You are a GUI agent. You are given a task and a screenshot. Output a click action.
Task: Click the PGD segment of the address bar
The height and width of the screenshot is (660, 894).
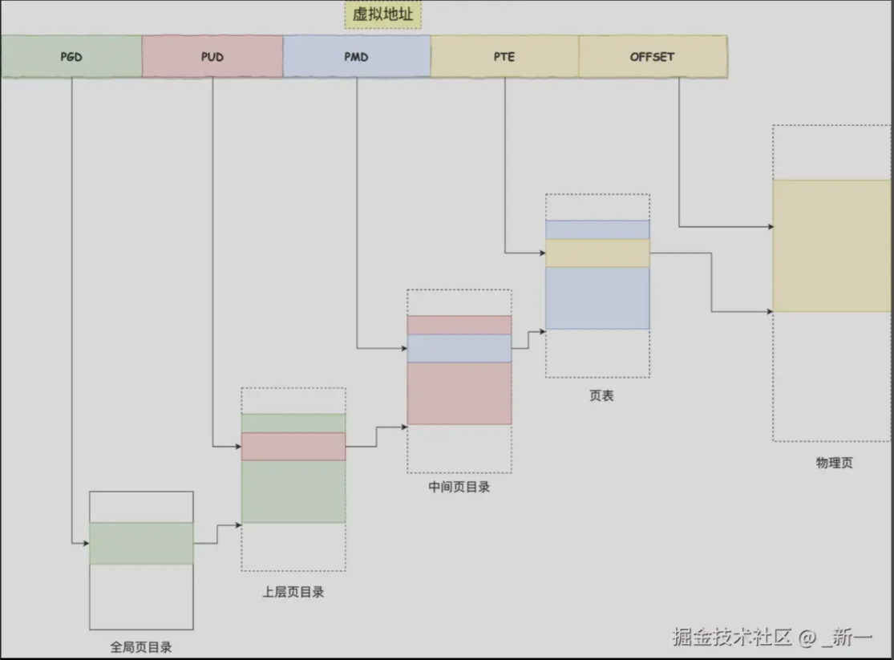(x=71, y=57)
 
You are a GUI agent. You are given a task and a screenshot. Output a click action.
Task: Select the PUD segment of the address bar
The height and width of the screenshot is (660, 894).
(x=212, y=57)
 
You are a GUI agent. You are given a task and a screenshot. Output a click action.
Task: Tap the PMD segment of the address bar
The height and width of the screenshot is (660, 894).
(x=357, y=57)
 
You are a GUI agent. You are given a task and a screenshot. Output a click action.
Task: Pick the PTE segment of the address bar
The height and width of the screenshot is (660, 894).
(x=504, y=57)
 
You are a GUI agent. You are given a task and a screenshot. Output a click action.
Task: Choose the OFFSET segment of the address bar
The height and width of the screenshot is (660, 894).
(x=653, y=57)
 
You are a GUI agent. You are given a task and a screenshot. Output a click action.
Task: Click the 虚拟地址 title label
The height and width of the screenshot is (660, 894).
(x=383, y=14)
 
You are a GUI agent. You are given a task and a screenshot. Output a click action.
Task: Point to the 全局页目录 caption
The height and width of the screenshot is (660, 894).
(x=141, y=646)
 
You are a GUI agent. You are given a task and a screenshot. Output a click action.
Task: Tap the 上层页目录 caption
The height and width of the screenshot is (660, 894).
(x=293, y=593)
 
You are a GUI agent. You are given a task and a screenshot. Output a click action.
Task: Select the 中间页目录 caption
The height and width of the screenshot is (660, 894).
(x=459, y=487)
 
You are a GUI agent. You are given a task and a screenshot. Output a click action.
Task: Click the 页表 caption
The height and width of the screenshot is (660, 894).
(x=601, y=395)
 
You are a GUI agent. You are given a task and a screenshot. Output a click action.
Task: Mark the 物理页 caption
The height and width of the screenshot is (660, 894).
(x=834, y=463)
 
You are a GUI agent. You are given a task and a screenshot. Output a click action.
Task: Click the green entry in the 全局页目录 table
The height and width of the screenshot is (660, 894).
(x=141, y=543)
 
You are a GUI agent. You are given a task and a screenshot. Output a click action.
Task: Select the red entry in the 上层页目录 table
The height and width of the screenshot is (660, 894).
(x=293, y=447)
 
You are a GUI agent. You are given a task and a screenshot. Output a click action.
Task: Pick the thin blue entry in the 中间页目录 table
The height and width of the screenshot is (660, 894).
(x=459, y=348)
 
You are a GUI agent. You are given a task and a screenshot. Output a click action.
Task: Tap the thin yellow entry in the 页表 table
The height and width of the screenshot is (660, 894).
(x=597, y=253)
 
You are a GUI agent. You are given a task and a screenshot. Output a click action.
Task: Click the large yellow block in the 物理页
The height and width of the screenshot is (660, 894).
(x=831, y=245)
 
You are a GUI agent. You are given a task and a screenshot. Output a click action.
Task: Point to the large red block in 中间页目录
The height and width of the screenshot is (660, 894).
(x=459, y=393)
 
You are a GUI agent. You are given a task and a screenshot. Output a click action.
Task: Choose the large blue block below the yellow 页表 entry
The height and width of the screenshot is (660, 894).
(x=597, y=298)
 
